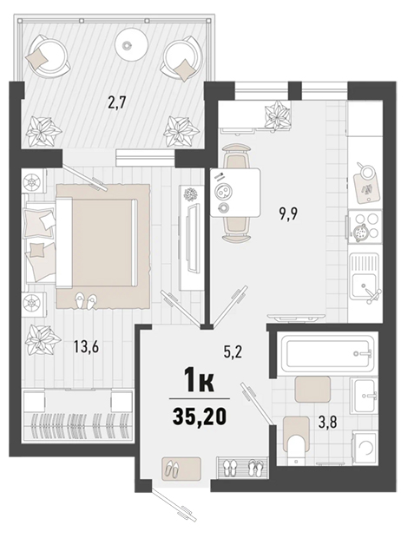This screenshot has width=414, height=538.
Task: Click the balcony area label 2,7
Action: coord(116,102)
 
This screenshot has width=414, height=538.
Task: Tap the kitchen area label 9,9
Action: coord(288,214)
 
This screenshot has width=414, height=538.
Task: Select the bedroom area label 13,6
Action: coord(86,346)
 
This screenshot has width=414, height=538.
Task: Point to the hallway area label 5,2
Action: coord(233,352)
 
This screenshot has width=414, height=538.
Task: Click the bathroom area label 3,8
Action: coord(327,423)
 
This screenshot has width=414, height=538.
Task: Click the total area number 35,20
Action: coord(200,417)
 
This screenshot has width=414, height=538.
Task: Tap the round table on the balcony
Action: coord(131,44)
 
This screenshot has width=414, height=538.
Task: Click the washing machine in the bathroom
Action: coord(365,448)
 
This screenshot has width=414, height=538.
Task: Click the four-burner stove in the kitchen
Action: coord(365,226)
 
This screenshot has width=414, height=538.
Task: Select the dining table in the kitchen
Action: coord(235,193)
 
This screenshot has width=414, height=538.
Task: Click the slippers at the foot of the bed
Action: coord(85,301)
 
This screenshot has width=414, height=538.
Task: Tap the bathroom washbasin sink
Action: coord(364,396)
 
